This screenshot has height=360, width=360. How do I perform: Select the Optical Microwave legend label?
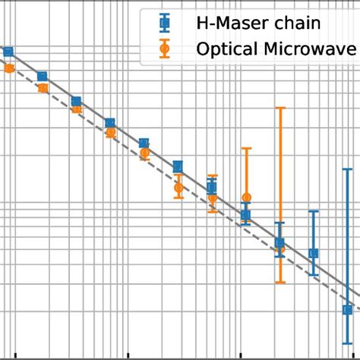[276, 50]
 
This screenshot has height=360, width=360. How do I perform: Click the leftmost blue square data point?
[8, 52]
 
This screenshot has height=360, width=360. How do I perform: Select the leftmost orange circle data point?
[8, 68]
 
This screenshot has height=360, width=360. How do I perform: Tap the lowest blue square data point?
[347, 309]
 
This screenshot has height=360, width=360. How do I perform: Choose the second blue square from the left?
[43, 76]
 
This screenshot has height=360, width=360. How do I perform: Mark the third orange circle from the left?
[76, 109]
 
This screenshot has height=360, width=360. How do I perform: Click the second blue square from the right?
[313, 253]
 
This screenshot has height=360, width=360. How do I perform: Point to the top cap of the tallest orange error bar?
[279, 108]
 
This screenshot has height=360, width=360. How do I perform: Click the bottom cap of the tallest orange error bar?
[279, 283]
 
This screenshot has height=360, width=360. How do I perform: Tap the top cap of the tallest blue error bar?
[347, 169]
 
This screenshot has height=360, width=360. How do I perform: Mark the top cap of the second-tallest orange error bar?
[245, 148]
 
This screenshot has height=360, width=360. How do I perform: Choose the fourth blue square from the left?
[110, 123]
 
